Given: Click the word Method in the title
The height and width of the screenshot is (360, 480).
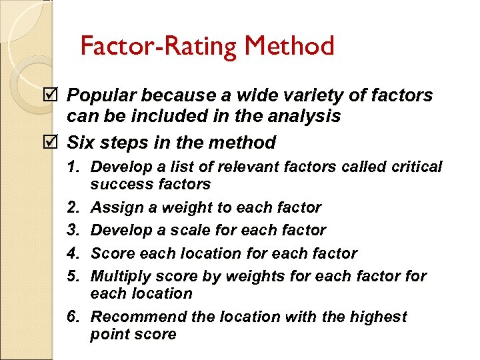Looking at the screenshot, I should pos(289,46).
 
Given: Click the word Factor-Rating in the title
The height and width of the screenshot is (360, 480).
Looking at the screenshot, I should pos(159,46).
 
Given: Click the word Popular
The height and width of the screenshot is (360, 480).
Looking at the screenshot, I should pos(104,96).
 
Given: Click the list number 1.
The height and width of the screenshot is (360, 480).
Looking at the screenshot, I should pos(75,167).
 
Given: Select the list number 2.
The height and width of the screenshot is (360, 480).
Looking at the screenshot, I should pos(75,207).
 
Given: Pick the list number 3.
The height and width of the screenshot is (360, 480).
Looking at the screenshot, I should pos(75,231).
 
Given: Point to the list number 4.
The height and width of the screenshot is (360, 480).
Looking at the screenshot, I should pos(75,253).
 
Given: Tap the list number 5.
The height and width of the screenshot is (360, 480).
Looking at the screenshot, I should pos(75,276).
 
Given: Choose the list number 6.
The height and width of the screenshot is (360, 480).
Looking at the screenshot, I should pos(75,317).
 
